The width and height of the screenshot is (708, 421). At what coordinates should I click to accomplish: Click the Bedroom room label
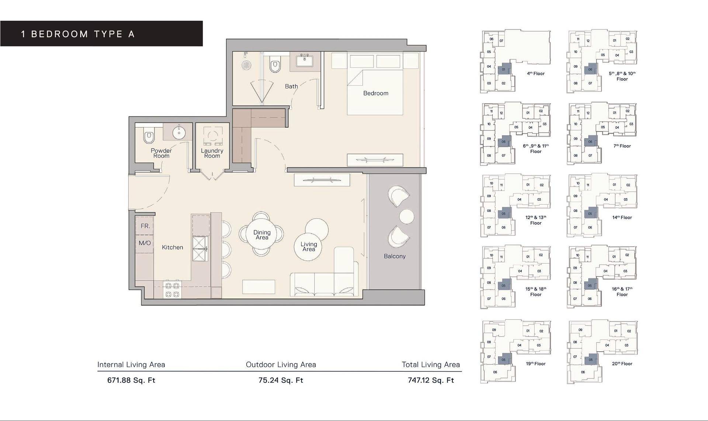click(375, 93)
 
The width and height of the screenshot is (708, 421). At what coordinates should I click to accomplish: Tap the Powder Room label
click(161, 153)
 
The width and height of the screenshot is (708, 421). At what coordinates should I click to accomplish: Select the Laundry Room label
click(212, 153)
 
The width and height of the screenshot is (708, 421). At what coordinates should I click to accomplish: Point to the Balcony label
click(395, 256)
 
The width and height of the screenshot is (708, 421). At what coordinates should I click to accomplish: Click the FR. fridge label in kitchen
click(145, 226)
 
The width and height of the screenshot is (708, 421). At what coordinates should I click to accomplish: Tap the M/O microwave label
click(145, 243)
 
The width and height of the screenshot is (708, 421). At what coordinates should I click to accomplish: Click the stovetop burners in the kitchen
click(172, 289)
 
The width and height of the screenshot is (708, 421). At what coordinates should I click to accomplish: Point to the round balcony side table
click(407, 216)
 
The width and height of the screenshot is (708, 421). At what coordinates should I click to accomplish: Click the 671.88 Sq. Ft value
click(131, 380)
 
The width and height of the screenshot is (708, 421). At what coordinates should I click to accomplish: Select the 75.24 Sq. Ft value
click(281, 380)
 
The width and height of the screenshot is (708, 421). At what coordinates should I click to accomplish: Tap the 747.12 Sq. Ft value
click(431, 380)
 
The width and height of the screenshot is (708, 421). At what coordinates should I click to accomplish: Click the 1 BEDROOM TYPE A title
click(78, 34)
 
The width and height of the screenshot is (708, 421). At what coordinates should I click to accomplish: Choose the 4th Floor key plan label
click(535, 73)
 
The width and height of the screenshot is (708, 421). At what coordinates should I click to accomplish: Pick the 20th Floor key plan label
click(622, 363)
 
